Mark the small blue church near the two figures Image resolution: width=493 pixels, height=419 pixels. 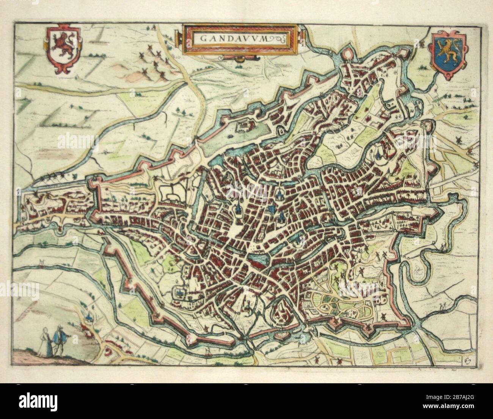pos(88,316)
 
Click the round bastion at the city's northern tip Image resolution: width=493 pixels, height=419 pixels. pos(348,56)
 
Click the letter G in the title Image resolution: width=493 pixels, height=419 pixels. pos(201,38)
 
